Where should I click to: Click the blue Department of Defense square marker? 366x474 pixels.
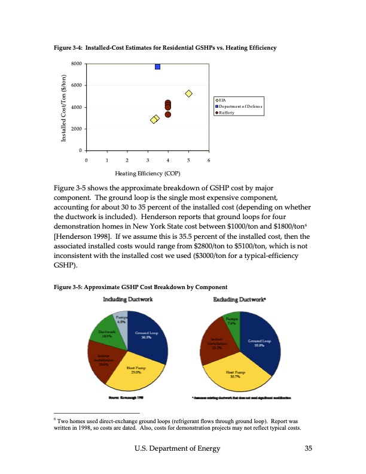[x=157, y=66]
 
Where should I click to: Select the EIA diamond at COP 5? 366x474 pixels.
[x=188, y=93]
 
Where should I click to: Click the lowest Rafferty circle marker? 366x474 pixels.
[x=168, y=114]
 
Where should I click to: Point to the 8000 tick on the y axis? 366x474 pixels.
[x=76, y=63]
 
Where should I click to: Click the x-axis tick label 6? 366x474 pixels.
[x=209, y=160]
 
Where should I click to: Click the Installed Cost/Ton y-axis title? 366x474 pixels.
[x=63, y=107]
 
